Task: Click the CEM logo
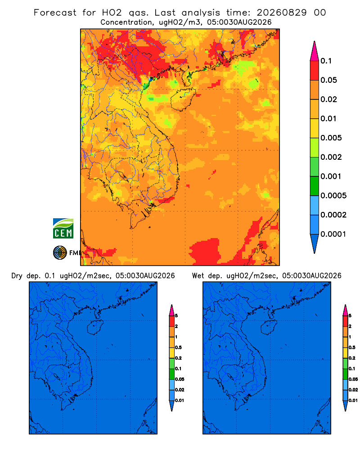click(x=63, y=228)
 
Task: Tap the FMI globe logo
click(x=60, y=252)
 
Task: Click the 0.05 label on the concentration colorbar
click(x=328, y=80)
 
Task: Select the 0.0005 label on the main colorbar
click(x=333, y=196)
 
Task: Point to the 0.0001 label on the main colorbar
click(x=333, y=234)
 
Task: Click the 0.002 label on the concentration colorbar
click(x=331, y=157)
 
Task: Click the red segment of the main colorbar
click(x=315, y=70)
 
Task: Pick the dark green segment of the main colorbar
click(x=315, y=186)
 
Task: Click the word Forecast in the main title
click(x=55, y=13)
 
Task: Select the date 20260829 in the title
click(x=282, y=13)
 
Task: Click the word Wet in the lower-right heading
click(x=198, y=276)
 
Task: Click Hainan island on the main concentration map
click(x=183, y=99)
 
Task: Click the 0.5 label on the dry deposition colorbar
click(x=178, y=347)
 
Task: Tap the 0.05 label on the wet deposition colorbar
click(x=353, y=379)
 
